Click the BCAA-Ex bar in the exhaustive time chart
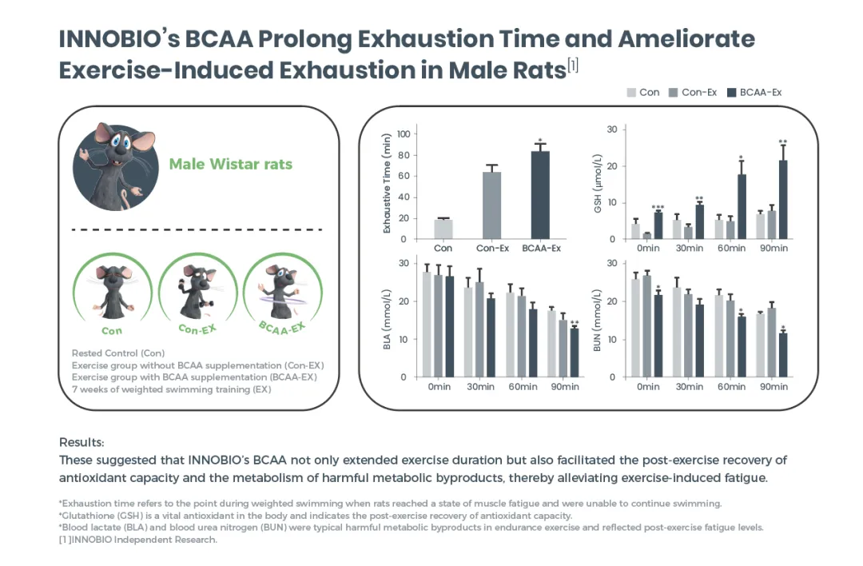tap(540, 195)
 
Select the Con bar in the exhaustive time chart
tap(443, 229)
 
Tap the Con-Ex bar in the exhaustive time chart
tap(491, 205)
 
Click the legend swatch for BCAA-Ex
tap(731, 93)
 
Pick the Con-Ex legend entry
tap(692, 93)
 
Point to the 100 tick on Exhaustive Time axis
tap(404, 134)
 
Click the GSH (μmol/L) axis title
tap(598, 183)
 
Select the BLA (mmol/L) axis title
tap(387, 319)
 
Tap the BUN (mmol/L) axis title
tap(597, 321)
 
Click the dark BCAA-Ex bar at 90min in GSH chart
tap(782, 199)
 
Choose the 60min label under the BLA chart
tap(523, 386)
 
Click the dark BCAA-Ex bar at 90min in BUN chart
tap(782, 355)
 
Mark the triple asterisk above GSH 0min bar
tap(658, 208)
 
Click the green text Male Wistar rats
tap(231, 164)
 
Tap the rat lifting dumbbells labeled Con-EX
tap(197, 293)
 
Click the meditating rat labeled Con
tap(113, 292)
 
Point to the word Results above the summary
tap(82, 442)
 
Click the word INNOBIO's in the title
tap(119, 39)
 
